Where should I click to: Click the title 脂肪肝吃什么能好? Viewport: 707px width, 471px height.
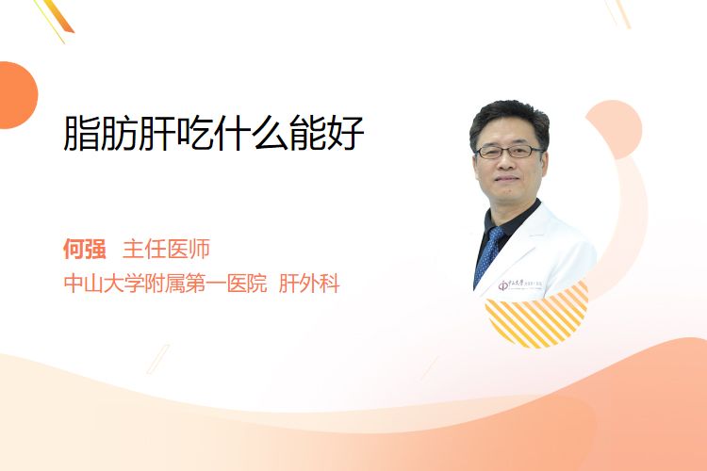click(x=214, y=133)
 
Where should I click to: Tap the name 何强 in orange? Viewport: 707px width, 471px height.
click(x=85, y=249)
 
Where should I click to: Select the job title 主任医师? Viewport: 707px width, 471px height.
click(x=166, y=249)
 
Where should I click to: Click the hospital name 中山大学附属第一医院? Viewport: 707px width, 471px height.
click(x=166, y=283)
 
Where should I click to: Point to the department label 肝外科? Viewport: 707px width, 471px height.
click(x=309, y=283)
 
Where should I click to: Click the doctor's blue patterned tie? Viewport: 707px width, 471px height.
click(x=488, y=253)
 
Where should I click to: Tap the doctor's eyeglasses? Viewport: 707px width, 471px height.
click(x=509, y=152)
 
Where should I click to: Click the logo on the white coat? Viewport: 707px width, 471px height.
click(x=519, y=284)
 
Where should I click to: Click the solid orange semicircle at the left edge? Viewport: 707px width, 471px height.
click(x=17, y=95)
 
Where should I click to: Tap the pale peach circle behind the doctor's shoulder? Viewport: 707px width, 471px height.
click(x=617, y=128)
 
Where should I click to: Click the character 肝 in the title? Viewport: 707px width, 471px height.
click(x=156, y=133)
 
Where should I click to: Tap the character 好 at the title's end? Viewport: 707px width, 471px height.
click(x=346, y=133)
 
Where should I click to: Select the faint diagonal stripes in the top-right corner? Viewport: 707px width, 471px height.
click(x=617, y=13)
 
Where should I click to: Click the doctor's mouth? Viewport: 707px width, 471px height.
click(x=507, y=179)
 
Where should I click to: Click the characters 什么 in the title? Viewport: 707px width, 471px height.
click(x=252, y=133)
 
